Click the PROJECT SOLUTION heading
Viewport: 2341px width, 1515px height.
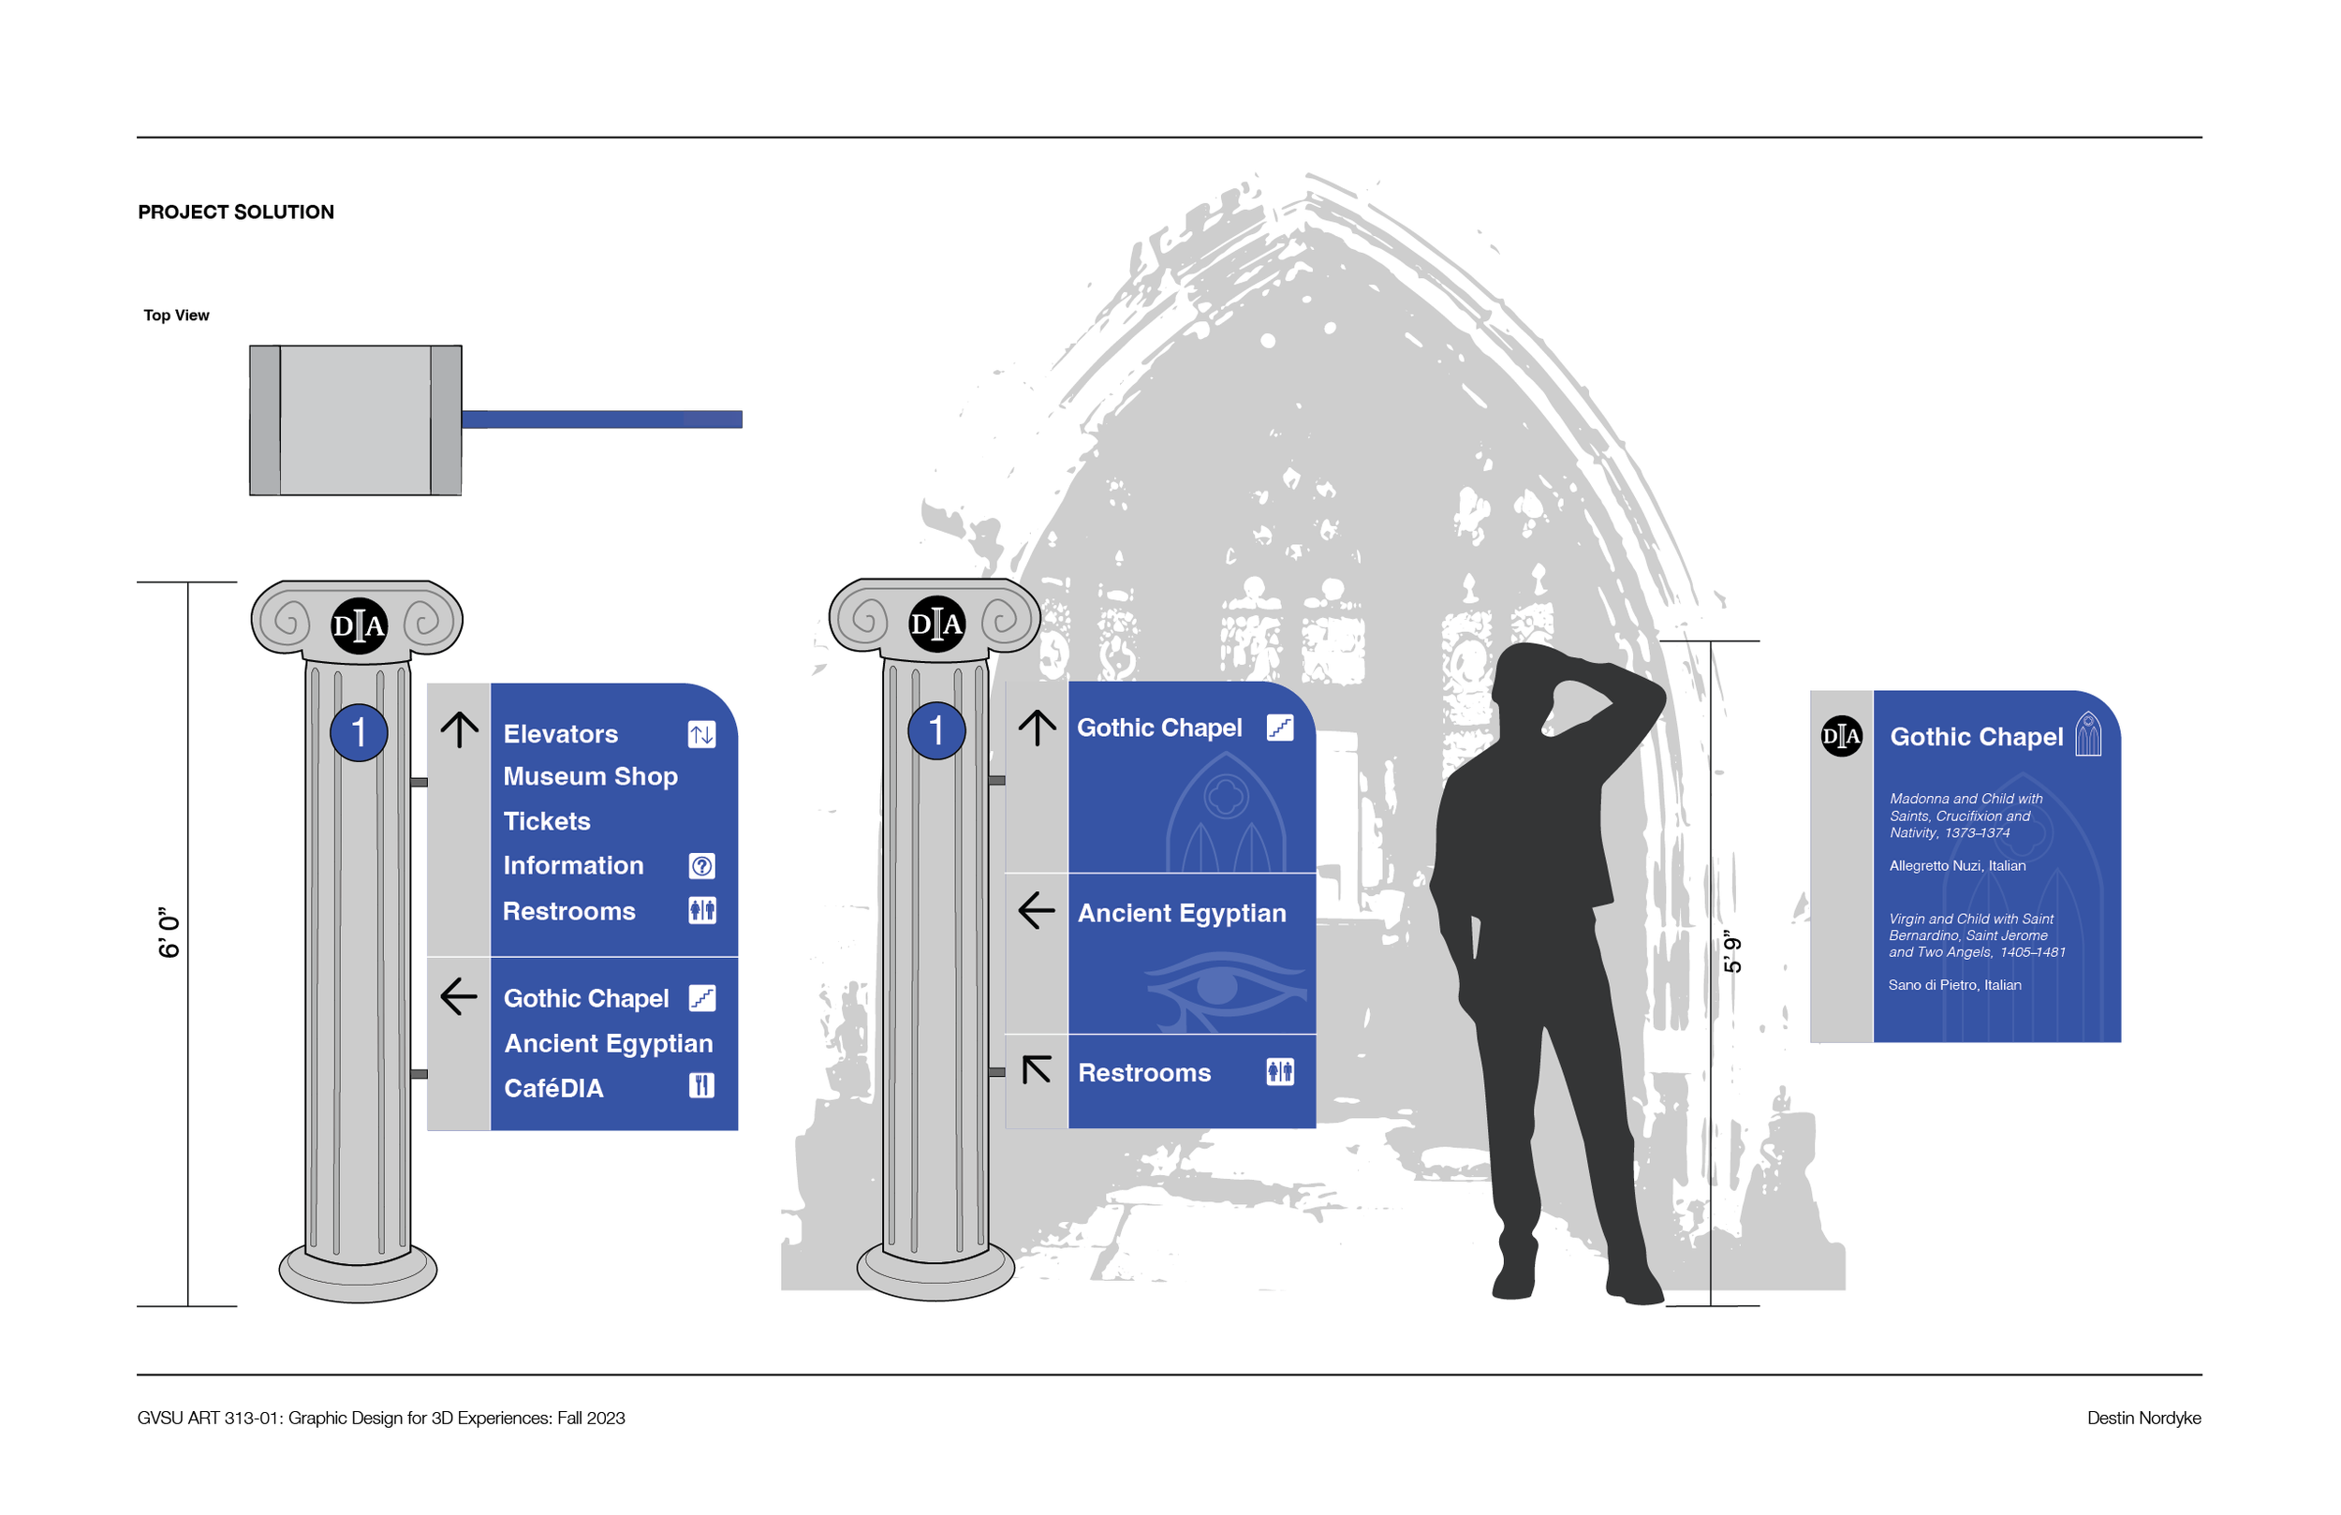(x=236, y=213)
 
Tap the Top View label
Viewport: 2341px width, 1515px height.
(x=176, y=316)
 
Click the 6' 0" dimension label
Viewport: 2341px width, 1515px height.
(x=169, y=933)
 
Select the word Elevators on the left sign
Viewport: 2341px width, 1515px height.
(x=561, y=734)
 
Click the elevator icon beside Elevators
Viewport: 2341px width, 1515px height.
(x=701, y=734)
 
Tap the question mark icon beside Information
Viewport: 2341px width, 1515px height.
(x=701, y=866)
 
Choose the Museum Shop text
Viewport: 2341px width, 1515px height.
(x=590, y=776)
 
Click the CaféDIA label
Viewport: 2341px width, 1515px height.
(x=552, y=1088)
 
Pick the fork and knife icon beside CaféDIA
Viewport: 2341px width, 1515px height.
(x=701, y=1086)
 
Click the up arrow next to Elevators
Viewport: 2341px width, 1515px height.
(x=460, y=729)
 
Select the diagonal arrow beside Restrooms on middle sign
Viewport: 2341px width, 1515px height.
(x=1037, y=1069)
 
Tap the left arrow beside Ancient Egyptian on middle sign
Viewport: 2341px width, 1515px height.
(x=1037, y=911)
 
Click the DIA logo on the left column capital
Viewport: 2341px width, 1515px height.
(x=359, y=625)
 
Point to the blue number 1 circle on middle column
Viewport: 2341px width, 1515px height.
(x=936, y=731)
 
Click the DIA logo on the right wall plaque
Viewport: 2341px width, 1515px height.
(x=1841, y=736)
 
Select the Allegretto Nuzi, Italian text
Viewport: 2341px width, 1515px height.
(x=1957, y=866)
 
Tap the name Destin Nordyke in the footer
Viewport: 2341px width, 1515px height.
(x=2143, y=1418)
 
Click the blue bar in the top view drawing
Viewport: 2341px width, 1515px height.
(x=602, y=420)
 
